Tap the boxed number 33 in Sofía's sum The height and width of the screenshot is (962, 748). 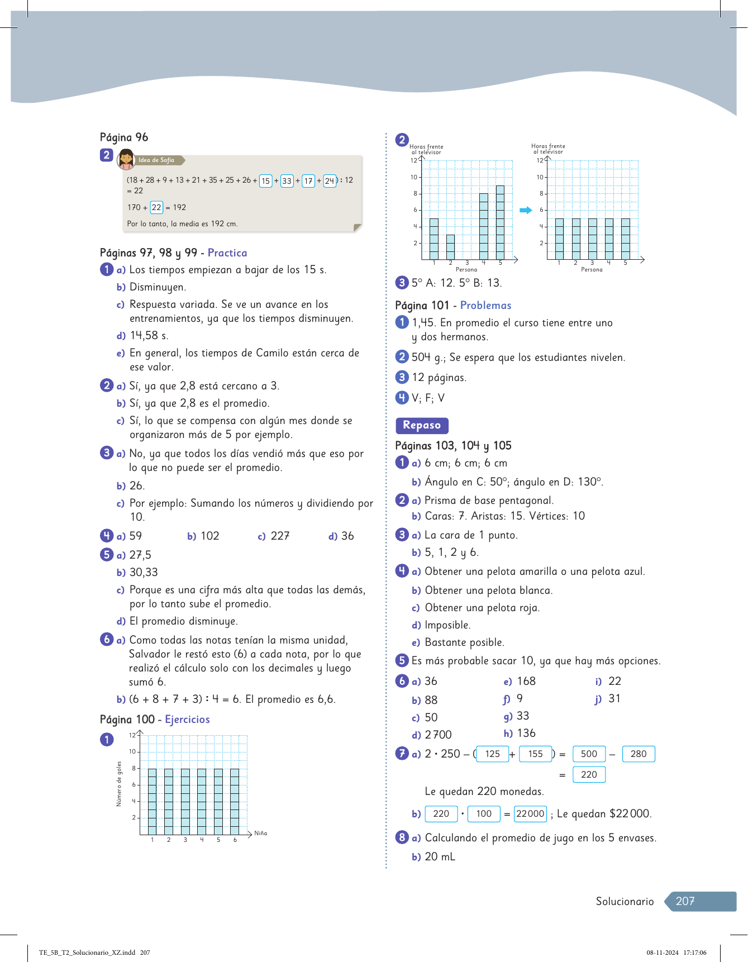click(x=287, y=181)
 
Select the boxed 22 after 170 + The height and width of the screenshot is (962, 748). click(x=156, y=207)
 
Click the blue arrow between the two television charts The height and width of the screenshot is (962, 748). click(x=526, y=210)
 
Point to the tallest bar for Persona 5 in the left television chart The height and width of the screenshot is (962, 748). click(x=500, y=222)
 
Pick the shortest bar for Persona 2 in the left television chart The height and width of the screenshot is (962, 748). click(x=450, y=247)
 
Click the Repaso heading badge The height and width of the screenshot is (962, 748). click(x=422, y=425)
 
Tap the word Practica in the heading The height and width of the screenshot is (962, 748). click(x=227, y=253)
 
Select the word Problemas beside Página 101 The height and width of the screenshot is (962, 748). click(x=485, y=306)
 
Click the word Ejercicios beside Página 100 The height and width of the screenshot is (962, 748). click(x=187, y=720)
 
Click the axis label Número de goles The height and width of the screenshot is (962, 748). click(x=119, y=784)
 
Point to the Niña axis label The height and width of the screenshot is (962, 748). click(x=260, y=833)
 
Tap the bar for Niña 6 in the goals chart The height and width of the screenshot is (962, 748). click(x=235, y=801)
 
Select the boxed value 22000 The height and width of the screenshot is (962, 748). click(x=530, y=813)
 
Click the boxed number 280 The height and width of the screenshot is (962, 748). click(x=639, y=754)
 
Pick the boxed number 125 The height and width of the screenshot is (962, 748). click(x=492, y=754)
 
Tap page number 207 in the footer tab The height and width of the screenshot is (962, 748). click(x=685, y=901)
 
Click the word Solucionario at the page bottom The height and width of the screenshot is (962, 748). click(x=625, y=901)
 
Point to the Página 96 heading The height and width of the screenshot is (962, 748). click(x=124, y=137)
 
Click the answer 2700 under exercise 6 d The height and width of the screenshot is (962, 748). click(x=438, y=735)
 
